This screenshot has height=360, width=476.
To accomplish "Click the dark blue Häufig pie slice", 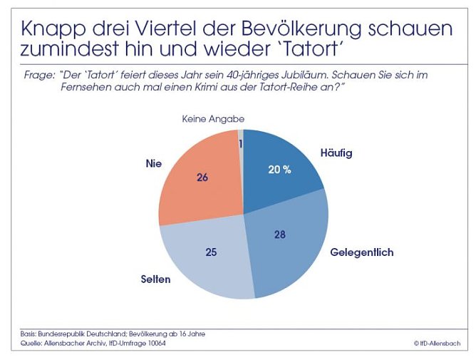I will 281,168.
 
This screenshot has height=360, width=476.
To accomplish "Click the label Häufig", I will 337,153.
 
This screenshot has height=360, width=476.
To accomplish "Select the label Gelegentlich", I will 362,252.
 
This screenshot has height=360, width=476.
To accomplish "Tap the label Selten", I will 155,279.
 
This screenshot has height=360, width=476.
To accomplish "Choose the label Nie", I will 154,163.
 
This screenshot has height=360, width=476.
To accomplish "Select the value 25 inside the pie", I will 212,252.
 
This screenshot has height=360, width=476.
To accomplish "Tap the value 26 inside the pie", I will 202,178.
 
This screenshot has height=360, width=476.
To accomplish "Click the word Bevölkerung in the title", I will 284,29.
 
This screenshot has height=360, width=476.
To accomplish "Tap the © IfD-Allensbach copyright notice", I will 437,343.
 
